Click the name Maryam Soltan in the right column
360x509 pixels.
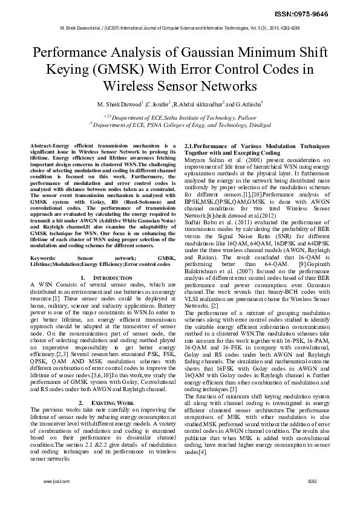point(203,160)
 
